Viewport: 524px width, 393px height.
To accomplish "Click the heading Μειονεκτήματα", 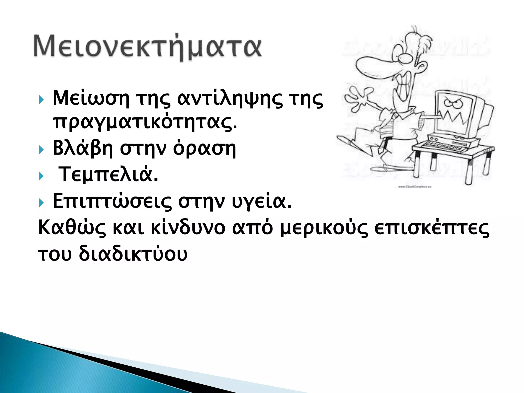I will coord(148,47).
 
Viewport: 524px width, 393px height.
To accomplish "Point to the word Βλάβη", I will coord(83,148).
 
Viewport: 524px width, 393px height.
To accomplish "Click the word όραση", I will coord(204,149).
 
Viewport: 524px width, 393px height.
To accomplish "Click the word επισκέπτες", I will coord(431,228).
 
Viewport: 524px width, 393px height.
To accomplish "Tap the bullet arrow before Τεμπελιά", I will coord(41,176).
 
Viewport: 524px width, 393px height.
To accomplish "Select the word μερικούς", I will coord(324,228).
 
